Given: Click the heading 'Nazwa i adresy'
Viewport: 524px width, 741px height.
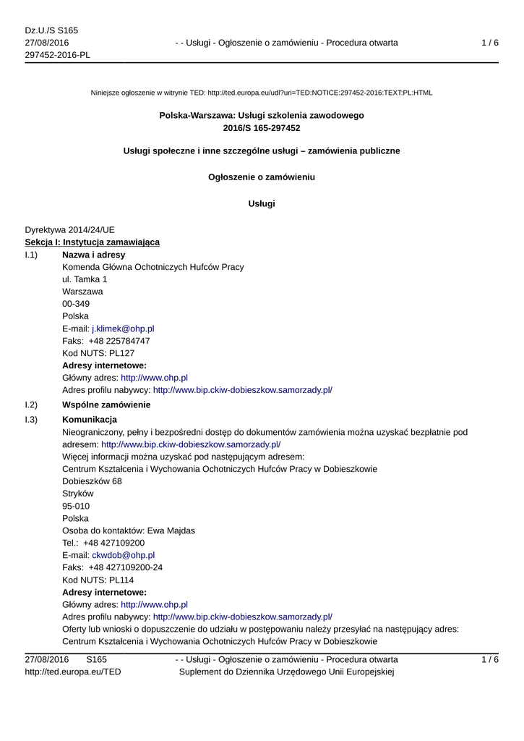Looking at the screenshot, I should [x=93, y=255].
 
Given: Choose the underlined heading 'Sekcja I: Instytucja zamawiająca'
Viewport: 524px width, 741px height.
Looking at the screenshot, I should [x=92, y=242].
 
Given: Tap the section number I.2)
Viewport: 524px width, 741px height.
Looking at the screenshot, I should [x=31, y=404].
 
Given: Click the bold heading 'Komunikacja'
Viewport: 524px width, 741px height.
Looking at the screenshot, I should [x=90, y=420].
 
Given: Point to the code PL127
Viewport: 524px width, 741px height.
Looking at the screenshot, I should [x=121, y=353].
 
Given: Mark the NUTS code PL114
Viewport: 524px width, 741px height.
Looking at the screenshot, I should [x=121, y=580].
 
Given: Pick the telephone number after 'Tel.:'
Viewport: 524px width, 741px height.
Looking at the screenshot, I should [x=113, y=543].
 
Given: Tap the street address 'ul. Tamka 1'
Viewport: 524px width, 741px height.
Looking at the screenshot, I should [x=85, y=279].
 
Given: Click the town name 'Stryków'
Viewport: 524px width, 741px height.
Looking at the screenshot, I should [x=78, y=494].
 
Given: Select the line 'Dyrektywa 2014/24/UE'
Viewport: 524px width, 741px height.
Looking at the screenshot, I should [x=69, y=229].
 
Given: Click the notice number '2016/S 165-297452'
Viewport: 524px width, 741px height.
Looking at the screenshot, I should [x=262, y=128].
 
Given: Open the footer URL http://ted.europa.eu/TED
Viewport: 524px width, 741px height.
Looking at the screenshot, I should [x=73, y=672].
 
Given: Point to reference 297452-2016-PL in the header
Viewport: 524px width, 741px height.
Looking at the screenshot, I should [x=57, y=55].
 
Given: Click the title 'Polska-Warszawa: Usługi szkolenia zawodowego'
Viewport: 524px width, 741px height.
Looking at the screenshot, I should [x=262, y=116].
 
